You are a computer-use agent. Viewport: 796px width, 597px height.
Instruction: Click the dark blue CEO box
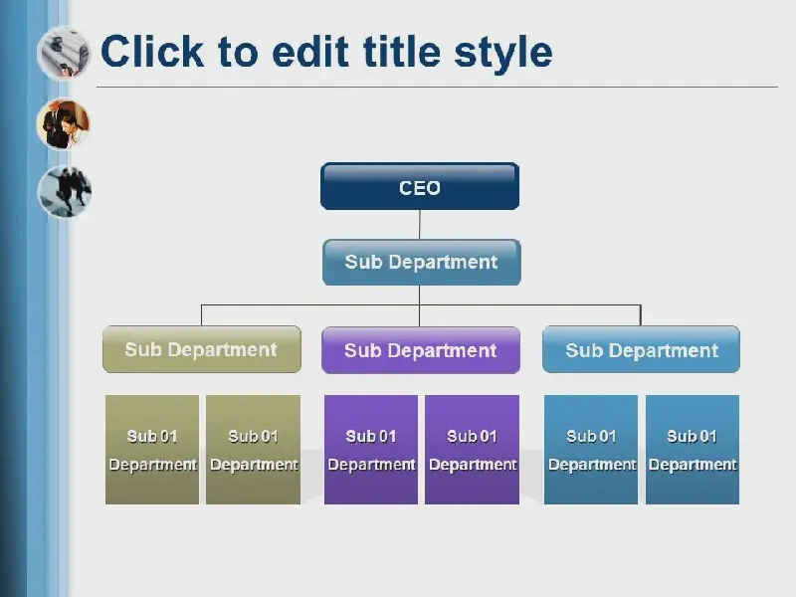tap(420, 186)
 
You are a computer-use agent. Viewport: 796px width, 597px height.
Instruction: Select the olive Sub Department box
tap(202, 349)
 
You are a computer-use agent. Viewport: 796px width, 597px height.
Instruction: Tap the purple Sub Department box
tap(421, 350)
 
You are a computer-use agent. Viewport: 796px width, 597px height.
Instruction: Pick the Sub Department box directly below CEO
tap(421, 262)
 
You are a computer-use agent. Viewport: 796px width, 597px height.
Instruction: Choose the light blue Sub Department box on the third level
tap(641, 349)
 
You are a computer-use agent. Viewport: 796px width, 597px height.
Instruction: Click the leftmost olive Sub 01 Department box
tap(152, 450)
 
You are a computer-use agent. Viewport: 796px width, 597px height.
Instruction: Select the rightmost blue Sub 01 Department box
tap(693, 450)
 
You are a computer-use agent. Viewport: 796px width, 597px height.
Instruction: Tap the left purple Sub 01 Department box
tap(371, 450)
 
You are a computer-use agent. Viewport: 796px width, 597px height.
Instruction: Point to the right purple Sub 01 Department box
tap(472, 450)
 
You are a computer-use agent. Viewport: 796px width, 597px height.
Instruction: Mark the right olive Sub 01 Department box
tap(254, 450)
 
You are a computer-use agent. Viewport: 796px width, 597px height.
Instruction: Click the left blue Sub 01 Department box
tap(591, 450)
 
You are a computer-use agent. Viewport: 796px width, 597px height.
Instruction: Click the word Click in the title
tap(152, 51)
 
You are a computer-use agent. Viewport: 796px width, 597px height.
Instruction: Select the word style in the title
tap(503, 55)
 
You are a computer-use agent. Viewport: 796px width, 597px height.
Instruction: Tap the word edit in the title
tap(310, 51)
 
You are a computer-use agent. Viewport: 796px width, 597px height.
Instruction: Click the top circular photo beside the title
tap(64, 54)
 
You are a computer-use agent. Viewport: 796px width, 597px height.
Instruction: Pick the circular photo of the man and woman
tap(64, 123)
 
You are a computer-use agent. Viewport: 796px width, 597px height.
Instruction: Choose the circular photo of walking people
tap(65, 191)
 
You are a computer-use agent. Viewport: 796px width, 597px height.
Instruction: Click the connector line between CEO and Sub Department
tap(419, 225)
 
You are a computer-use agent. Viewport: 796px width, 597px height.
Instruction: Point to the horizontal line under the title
tap(437, 88)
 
